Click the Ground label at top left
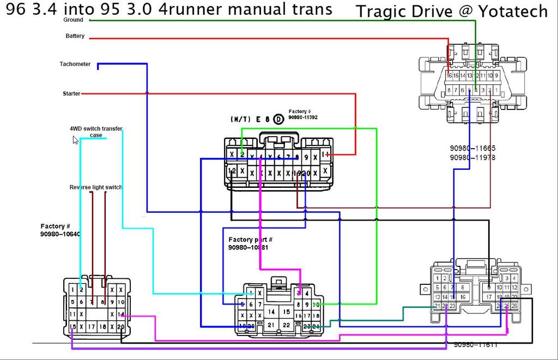(x=74, y=20)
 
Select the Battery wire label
(x=75, y=36)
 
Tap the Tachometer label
(x=75, y=64)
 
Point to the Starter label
(x=71, y=94)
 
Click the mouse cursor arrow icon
(x=76, y=140)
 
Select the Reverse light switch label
(x=95, y=187)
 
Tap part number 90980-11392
(x=303, y=117)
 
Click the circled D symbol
(x=278, y=119)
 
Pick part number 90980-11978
(x=472, y=158)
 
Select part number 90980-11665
(x=472, y=148)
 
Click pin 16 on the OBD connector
(x=450, y=76)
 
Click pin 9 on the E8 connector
(x=306, y=157)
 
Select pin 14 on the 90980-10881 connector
(x=271, y=312)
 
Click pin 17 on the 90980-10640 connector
(x=90, y=326)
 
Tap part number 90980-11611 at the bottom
(x=476, y=345)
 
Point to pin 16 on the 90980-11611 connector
(x=463, y=297)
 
